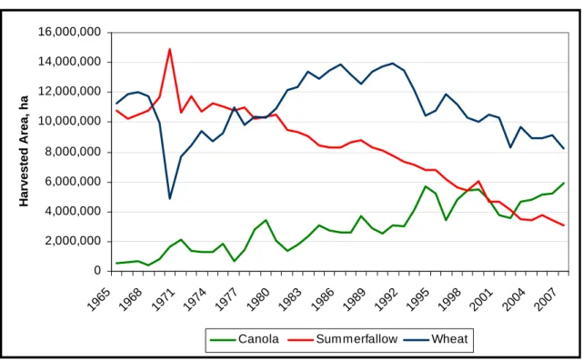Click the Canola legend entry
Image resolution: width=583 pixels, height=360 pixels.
click(x=245, y=339)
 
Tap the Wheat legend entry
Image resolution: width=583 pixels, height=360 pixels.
click(x=436, y=339)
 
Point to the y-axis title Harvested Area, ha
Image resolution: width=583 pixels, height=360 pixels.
click(x=24, y=151)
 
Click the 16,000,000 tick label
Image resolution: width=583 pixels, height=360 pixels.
click(x=69, y=32)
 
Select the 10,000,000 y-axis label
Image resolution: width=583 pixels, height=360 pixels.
click(x=69, y=122)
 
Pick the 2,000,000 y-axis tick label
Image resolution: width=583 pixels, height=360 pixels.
click(x=73, y=241)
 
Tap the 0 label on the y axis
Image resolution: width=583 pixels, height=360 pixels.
click(x=97, y=271)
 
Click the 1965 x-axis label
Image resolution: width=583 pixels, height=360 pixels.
click(x=98, y=299)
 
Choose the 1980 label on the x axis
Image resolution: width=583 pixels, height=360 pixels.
click(x=257, y=299)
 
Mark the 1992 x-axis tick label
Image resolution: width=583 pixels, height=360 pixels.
click(x=386, y=299)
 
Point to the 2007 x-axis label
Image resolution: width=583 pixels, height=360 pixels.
click(x=544, y=299)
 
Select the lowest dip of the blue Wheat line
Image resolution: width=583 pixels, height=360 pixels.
click(x=170, y=199)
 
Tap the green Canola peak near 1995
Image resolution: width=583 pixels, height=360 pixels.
click(x=426, y=186)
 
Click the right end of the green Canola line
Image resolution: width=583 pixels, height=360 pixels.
click(x=564, y=183)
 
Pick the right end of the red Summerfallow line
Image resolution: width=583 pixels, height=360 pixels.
click(x=564, y=225)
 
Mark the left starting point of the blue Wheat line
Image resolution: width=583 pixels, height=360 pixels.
click(x=116, y=104)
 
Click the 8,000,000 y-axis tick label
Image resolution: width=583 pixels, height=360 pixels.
click(x=73, y=152)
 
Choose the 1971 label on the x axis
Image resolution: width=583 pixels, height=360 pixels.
click(x=163, y=299)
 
